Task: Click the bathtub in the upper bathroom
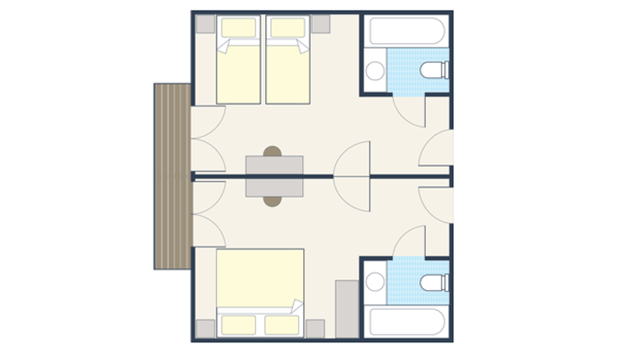tap(407, 31)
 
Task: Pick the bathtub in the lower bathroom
tap(407, 321)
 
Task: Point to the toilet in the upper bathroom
tap(433, 72)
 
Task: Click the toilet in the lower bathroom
tap(433, 281)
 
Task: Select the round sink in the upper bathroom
tap(376, 72)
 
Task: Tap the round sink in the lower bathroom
tap(376, 281)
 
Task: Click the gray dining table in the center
tap(275, 177)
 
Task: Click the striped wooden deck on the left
tap(171, 177)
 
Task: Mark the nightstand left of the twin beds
tap(205, 24)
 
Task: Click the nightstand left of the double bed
tap(205, 328)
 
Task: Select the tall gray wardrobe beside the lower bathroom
tap(347, 308)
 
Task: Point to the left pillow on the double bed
tap(238, 325)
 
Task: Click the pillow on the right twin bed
tap(287, 29)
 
